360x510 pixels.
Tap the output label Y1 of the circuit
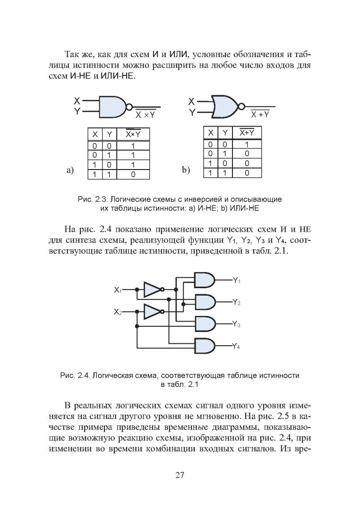[x=237, y=280]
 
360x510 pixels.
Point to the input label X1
[x=118, y=289]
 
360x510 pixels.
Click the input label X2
[x=118, y=312]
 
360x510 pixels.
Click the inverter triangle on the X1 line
[x=152, y=289]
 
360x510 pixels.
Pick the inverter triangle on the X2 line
[x=152, y=312]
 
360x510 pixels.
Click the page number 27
[x=180, y=475]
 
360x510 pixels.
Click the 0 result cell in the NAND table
[x=133, y=174]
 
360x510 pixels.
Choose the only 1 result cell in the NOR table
[x=246, y=144]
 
